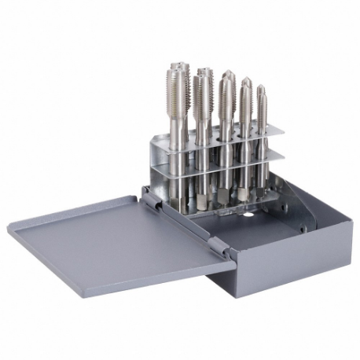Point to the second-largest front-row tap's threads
click(x=201, y=94)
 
